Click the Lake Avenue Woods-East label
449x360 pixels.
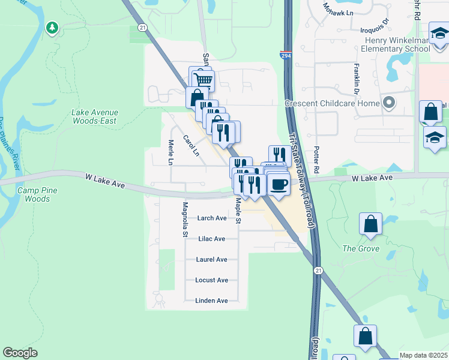tap(95, 116)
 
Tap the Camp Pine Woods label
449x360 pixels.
tap(34, 194)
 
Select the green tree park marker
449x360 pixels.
tap(52, 27)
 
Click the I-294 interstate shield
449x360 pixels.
tap(286, 55)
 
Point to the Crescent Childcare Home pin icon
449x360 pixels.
tap(389, 103)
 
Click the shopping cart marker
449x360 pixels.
tap(203, 79)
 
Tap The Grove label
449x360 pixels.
tap(360, 248)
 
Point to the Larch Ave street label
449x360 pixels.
tap(212, 218)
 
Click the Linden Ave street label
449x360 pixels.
tap(212, 301)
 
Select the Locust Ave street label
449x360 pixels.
tap(212, 280)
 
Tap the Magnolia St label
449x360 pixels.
tap(185, 211)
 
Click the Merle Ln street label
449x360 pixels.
tap(170, 152)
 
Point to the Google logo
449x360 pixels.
tap(20, 353)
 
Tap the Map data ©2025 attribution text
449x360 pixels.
tap(423, 355)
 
